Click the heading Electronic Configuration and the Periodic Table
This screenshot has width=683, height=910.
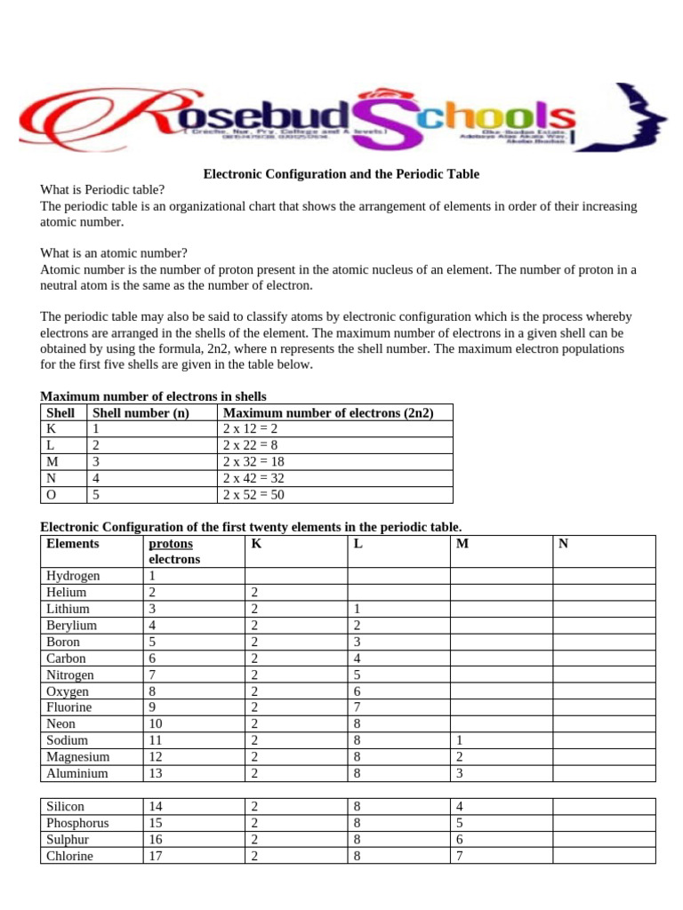[x=341, y=175]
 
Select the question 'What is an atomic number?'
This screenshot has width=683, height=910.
[x=114, y=253]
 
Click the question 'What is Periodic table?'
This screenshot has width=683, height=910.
[x=102, y=190]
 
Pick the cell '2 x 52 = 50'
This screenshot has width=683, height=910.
[x=253, y=495]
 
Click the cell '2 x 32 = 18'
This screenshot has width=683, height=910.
[x=253, y=462]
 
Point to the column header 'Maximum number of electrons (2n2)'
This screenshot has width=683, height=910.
[x=328, y=413]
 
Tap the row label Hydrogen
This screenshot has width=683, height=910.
[x=73, y=576]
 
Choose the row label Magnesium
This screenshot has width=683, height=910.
[x=78, y=757]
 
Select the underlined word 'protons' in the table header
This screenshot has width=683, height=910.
[x=171, y=543]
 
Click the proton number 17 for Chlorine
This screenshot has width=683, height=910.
[x=157, y=856]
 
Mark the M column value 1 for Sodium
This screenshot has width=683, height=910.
[x=459, y=740]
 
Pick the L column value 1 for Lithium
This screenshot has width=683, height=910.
[x=357, y=609]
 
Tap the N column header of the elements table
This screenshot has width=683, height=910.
[x=563, y=543]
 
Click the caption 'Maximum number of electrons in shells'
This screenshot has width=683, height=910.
[x=153, y=396]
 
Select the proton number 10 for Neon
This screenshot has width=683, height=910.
[x=157, y=724]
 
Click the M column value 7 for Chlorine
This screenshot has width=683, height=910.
[x=459, y=856]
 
